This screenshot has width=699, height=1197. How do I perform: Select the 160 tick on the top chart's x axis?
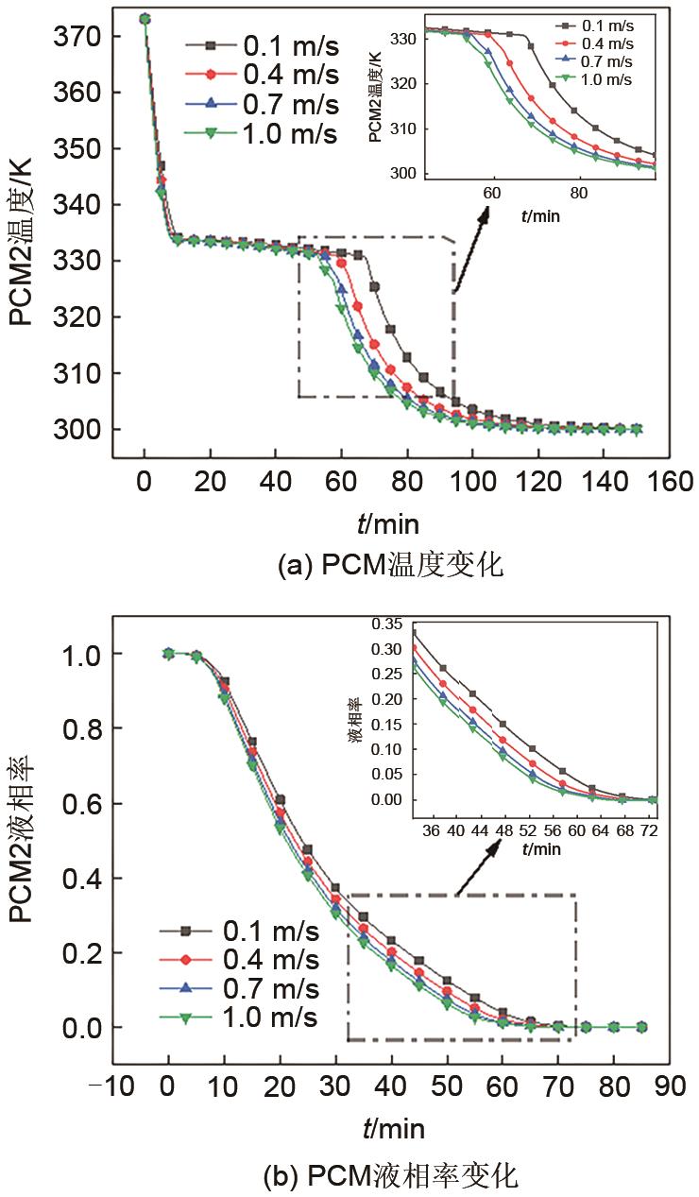[x=670, y=484]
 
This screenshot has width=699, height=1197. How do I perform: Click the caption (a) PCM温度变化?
[x=389, y=566]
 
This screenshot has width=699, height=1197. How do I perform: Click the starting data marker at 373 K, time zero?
[x=145, y=18]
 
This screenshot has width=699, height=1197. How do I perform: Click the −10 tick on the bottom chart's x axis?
[x=106, y=1083]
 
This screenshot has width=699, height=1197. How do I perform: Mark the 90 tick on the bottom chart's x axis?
[x=670, y=1083]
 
